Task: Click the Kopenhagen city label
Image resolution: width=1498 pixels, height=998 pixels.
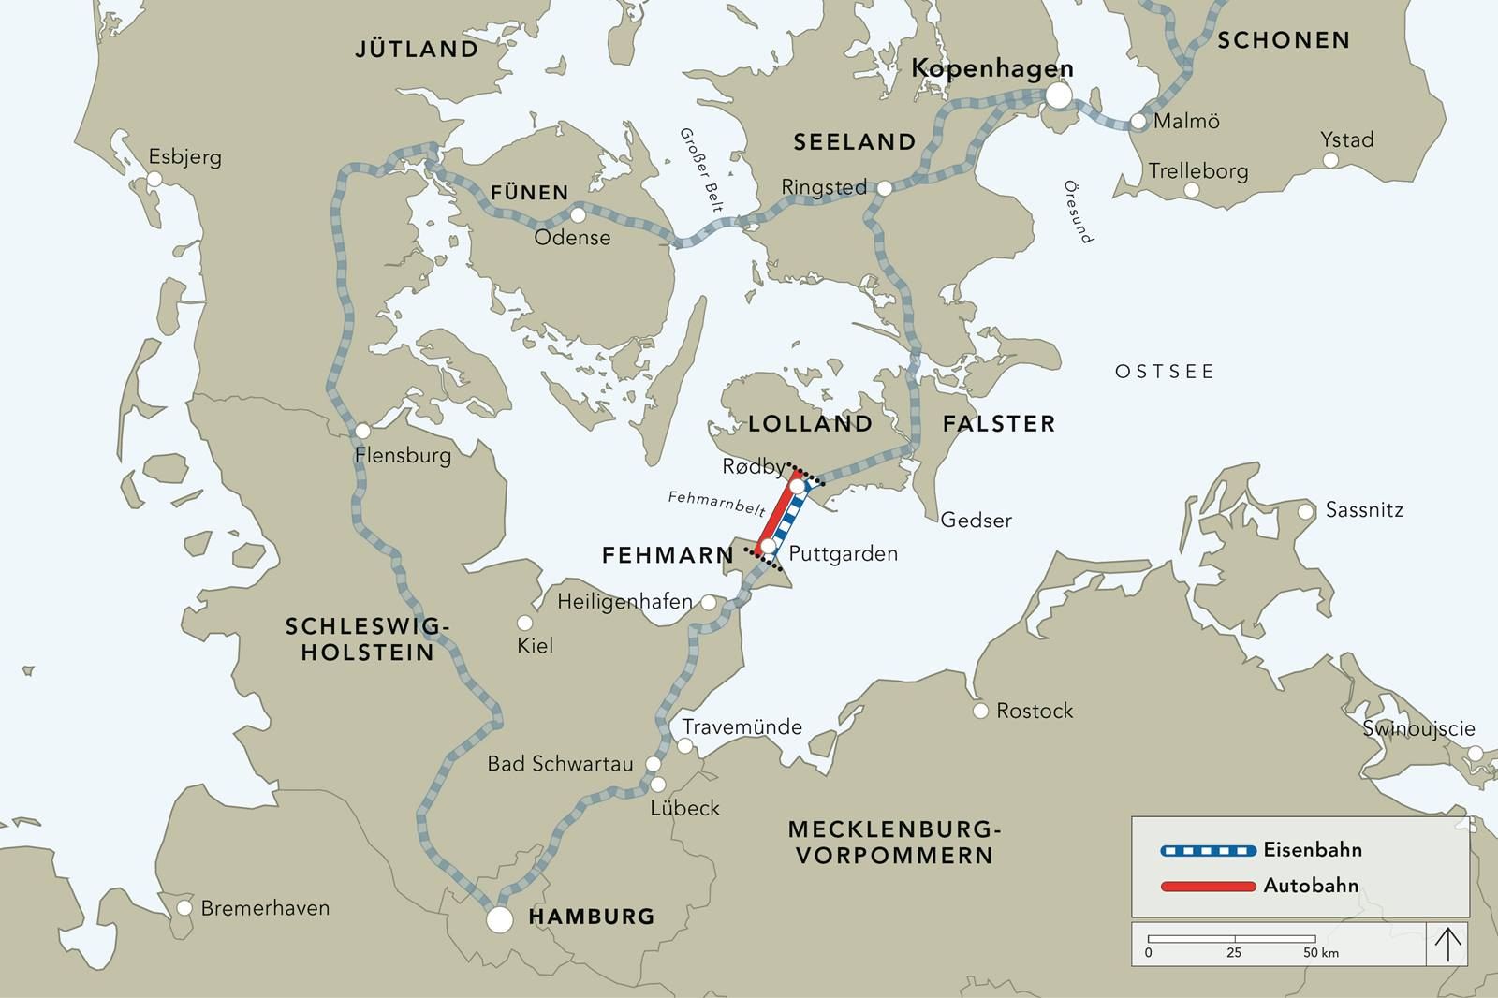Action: (x=991, y=69)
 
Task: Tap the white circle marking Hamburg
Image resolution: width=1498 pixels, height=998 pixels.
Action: (x=500, y=919)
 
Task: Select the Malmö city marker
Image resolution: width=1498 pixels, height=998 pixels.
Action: (x=1138, y=122)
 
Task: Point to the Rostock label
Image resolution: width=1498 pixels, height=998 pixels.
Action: (x=1034, y=712)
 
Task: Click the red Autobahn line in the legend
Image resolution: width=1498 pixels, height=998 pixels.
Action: (x=1208, y=886)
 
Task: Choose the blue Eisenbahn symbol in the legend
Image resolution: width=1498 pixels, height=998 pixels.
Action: (x=1208, y=851)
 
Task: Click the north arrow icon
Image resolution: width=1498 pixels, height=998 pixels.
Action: (x=1447, y=944)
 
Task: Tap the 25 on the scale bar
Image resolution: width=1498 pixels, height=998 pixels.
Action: (x=1234, y=953)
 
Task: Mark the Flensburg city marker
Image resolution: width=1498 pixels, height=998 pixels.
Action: (x=362, y=431)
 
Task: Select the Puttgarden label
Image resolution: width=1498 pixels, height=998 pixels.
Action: (x=843, y=554)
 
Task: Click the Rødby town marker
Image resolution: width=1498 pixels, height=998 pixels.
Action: (x=797, y=487)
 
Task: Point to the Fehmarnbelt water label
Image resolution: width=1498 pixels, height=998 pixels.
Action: (x=716, y=504)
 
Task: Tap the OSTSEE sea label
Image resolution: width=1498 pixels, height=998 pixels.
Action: (x=1164, y=373)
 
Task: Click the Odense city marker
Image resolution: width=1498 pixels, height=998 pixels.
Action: (x=578, y=216)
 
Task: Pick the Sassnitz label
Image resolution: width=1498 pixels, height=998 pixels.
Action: (x=1364, y=511)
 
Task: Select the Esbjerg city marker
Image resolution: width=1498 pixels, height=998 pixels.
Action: (x=155, y=178)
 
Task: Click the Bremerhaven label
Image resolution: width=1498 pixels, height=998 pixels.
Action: (x=265, y=908)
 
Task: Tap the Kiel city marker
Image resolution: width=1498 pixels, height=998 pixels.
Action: (x=525, y=624)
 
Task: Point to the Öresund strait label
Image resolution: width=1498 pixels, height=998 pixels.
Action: (x=1078, y=212)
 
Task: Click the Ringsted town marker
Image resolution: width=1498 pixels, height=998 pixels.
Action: (x=884, y=189)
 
